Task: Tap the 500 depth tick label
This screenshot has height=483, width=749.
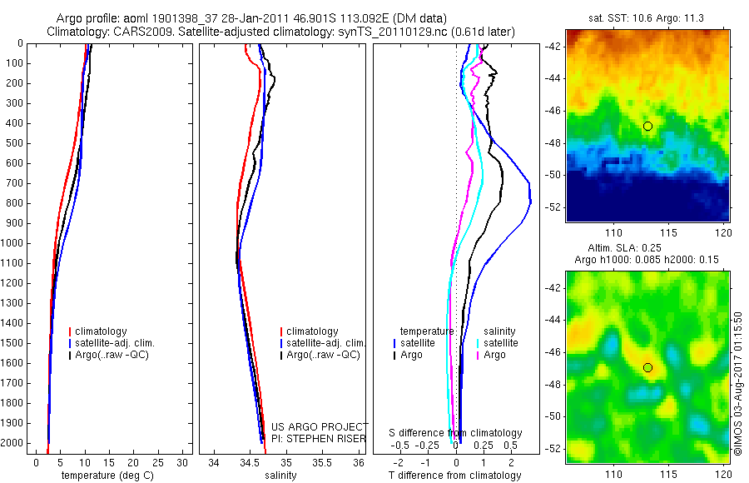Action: pyautogui.click(x=12, y=143)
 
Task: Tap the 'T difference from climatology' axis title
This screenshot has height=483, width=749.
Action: pyautogui.click(x=454, y=476)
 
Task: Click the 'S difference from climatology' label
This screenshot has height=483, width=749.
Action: pyautogui.click(x=456, y=433)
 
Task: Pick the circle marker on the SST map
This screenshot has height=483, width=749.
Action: pyautogui.click(x=647, y=126)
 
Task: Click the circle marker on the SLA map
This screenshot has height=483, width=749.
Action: pyautogui.click(x=647, y=367)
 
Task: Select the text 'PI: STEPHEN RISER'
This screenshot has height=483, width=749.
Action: pyautogui.click(x=319, y=438)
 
